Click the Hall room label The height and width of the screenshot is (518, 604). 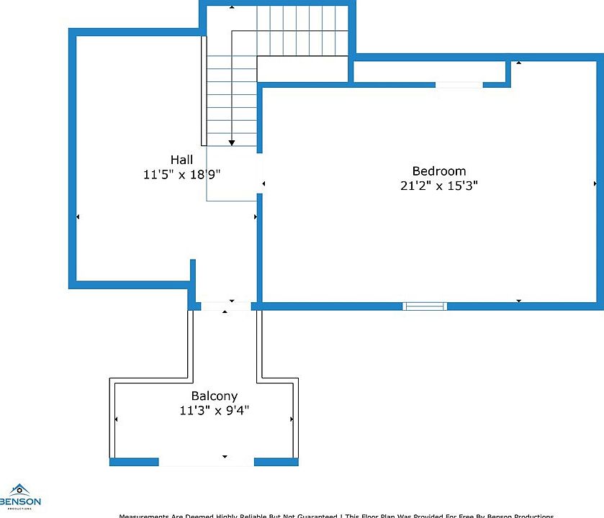coord(181,159)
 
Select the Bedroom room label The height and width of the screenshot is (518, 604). coord(438,171)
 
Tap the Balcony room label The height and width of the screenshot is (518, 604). coord(214,396)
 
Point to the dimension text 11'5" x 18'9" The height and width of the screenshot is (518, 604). coord(181,174)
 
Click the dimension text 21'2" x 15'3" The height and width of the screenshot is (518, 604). coord(438,186)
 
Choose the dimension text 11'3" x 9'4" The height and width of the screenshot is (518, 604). coord(214,411)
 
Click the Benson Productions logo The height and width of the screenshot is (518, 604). coord(20,497)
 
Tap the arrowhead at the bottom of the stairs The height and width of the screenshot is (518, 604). coord(232,142)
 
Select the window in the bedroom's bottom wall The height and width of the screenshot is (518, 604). coord(425,306)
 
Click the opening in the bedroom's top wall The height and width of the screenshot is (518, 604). coord(459,84)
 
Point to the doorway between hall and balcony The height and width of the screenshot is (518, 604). coord(225,306)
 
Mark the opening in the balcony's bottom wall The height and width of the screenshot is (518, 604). coord(206,461)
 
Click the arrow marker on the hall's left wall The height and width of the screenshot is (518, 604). coord(78,216)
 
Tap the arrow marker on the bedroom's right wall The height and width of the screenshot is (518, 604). coord(594,183)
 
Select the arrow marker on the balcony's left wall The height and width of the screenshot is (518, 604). coord(117,419)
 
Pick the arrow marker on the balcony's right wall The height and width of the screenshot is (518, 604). coord(291,419)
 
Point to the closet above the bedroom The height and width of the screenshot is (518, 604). coord(429,71)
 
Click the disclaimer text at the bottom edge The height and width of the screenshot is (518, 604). coord(336,515)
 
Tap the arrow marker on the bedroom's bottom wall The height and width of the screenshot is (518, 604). coord(519,301)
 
